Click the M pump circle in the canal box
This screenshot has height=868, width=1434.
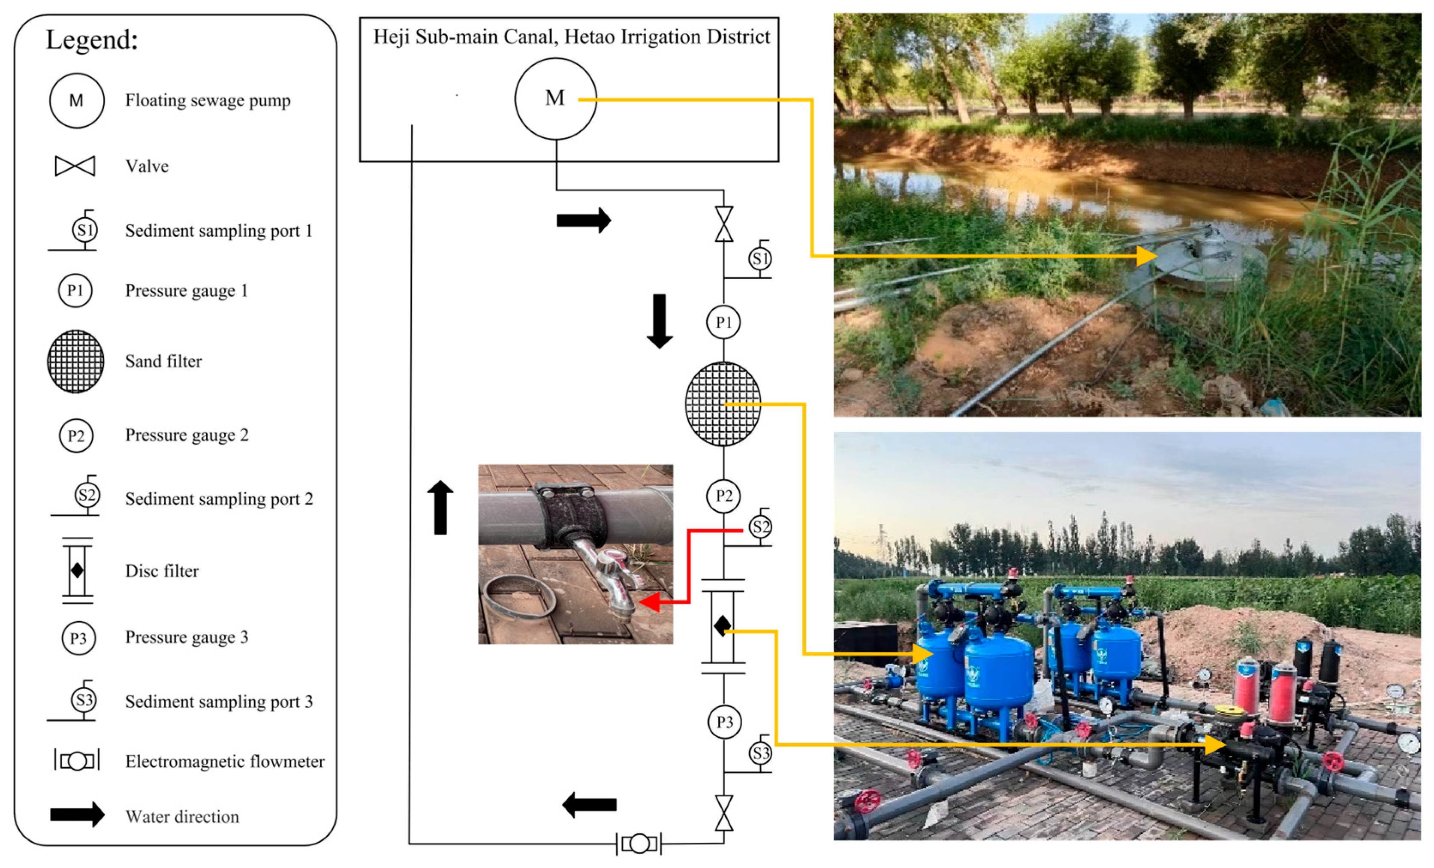555,99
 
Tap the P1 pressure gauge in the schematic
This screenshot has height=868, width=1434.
723,322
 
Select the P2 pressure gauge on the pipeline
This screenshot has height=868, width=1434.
723,496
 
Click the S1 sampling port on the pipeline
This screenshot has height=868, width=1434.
760,258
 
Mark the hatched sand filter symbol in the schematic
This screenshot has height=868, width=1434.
723,404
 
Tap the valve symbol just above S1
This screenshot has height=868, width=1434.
724,224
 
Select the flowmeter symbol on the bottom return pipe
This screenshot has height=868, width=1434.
639,844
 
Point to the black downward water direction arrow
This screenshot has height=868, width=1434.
660,321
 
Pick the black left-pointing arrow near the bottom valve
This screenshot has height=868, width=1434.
589,804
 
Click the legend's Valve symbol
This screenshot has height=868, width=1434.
75,166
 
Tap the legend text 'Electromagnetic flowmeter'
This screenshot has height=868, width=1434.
225,762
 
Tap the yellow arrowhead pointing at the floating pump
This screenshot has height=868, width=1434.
1147,256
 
